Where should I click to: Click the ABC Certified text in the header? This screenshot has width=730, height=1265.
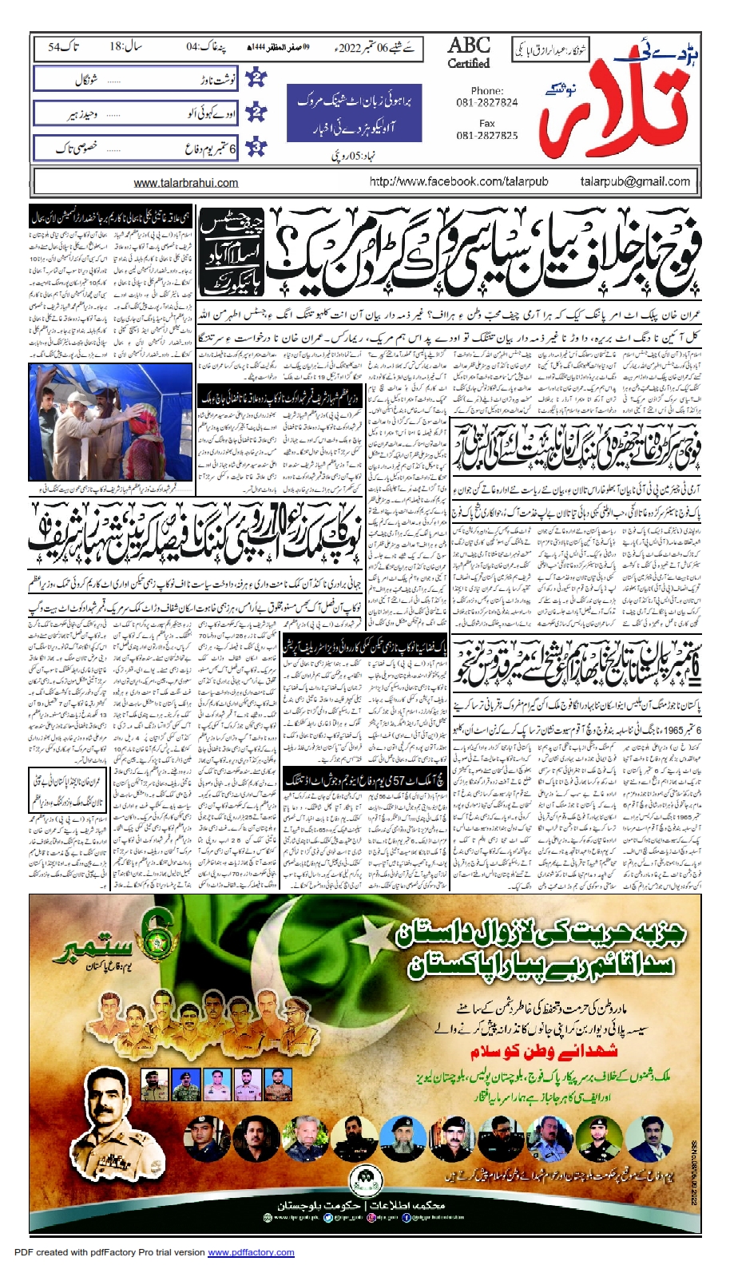469,52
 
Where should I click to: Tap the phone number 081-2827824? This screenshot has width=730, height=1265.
487,102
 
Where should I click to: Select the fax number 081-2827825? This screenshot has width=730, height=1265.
487,135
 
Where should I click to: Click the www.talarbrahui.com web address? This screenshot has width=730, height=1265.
186,183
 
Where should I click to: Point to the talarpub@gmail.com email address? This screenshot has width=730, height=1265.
634,182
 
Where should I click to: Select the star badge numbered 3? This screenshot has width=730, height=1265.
256,148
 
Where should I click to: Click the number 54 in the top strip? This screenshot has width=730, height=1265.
54,47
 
